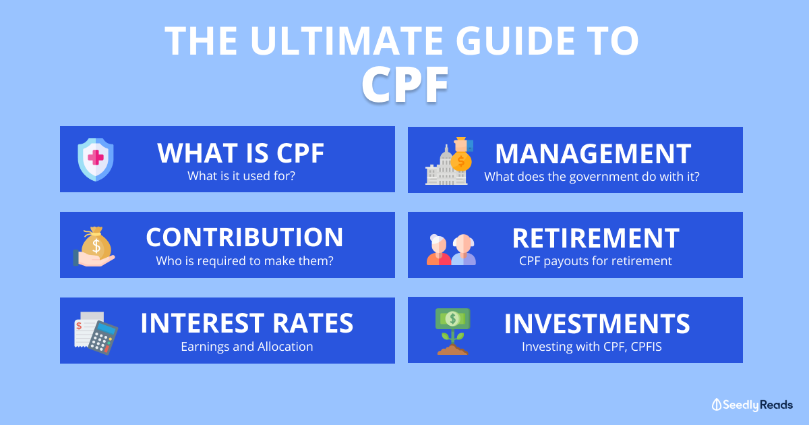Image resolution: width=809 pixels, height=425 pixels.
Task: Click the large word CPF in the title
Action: pyautogui.click(x=405, y=84)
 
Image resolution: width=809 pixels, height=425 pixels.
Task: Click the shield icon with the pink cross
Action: pyautogui.click(x=96, y=159)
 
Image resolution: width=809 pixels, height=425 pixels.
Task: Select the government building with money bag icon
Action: pyautogui.click(x=449, y=161)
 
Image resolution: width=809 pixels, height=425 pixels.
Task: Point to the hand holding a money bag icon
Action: pyautogui.click(x=94, y=246)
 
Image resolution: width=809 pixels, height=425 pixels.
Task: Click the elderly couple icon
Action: pyautogui.click(x=451, y=250)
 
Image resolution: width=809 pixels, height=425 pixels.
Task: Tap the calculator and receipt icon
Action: pyautogui.click(x=96, y=333)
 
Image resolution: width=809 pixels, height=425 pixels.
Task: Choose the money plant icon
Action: pyautogui.click(x=453, y=331)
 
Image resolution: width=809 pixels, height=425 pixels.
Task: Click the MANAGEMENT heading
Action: pyautogui.click(x=593, y=154)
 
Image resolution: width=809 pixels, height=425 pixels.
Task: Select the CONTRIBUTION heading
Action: pyautogui.click(x=245, y=237)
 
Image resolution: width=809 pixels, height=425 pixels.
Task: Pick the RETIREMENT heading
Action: pyautogui.click(x=596, y=238)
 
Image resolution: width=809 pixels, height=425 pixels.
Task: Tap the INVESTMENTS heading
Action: pyautogui.click(x=597, y=323)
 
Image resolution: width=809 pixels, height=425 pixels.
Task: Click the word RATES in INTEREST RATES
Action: pyautogui.click(x=313, y=322)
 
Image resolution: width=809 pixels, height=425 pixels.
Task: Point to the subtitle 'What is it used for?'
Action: pyautogui.click(x=241, y=176)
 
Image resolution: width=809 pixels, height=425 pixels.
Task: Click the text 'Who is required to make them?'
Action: pyautogui.click(x=245, y=261)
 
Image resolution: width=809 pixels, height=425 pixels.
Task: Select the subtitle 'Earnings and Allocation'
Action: pyautogui.click(x=247, y=347)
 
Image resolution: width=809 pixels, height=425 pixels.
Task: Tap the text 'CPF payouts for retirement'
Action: pyautogui.click(x=595, y=261)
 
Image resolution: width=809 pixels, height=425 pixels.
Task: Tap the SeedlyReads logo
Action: pyautogui.click(x=752, y=405)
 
